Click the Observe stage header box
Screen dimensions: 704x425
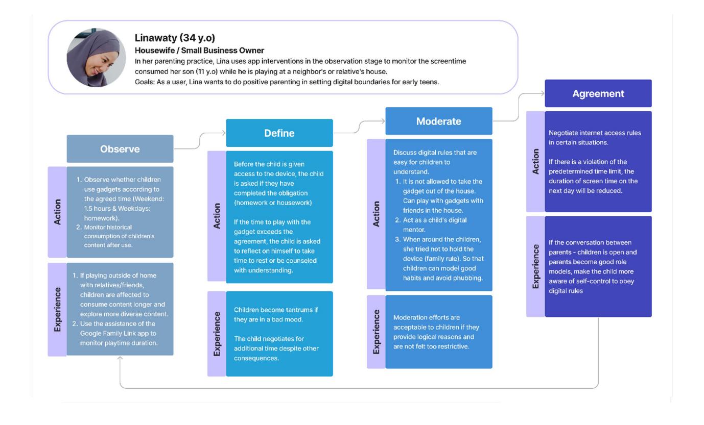pos(120,149)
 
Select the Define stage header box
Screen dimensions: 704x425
pos(279,133)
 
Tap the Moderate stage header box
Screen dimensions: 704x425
pos(439,121)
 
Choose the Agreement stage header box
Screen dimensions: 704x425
pos(598,93)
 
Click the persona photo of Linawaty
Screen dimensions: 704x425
pos(96,58)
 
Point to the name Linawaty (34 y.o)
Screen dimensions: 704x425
pos(175,38)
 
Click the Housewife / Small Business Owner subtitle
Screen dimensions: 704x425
pos(199,50)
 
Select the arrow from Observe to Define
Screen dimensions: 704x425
pos(200,141)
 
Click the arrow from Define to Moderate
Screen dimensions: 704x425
pos(359,127)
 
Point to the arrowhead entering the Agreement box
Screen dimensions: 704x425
pos(543,93)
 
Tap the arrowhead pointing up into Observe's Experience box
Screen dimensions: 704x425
pos(120,358)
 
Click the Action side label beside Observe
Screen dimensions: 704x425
pos(57,212)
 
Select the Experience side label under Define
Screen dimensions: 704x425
pos(217,334)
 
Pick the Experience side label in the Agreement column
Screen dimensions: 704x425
pos(535,266)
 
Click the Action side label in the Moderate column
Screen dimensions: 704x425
pos(376,214)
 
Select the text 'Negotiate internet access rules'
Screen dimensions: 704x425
pos(595,133)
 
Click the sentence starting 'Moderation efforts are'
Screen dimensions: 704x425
pos(436,332)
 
